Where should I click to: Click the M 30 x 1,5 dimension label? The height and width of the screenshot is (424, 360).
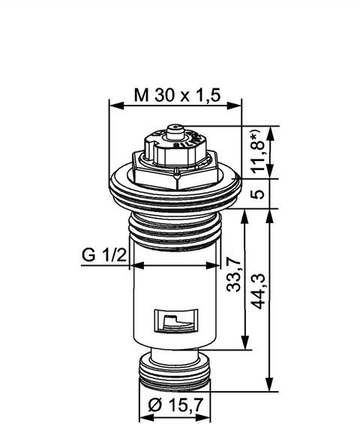[x=177, y=95]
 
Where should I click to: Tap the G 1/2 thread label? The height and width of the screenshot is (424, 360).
[x=104, y=255]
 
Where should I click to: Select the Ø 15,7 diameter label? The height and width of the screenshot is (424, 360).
[x=175, y=405]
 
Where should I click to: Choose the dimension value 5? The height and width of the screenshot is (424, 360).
[x=258, y=193]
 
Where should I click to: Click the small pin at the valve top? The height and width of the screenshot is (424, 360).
[x=174, y=132]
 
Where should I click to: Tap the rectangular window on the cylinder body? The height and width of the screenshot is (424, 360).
[x=176, y=321]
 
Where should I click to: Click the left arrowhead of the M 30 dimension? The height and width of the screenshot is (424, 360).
[x=115, y=106]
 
